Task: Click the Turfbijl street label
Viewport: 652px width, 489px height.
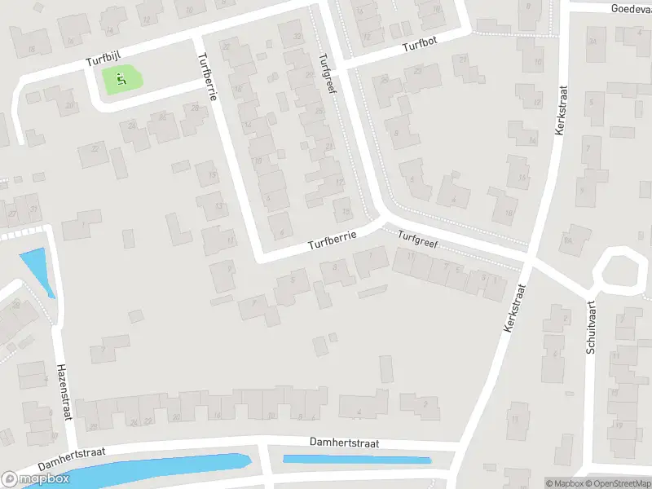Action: [x=104, y=61]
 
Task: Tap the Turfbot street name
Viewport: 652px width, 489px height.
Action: [x=420, y=47]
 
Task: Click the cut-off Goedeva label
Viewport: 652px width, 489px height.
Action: [x=630, y=8]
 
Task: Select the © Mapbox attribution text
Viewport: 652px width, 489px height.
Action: [x=562, y=483]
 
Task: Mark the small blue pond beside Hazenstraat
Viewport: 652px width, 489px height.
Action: [x=37, y=271]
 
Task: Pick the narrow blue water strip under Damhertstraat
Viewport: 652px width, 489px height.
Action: [x=356, y=460]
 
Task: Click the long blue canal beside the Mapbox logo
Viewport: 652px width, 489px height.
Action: [x=155, y=470]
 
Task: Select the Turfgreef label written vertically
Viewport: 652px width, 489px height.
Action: [x=328, y=73]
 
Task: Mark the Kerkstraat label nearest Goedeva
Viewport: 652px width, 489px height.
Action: [x=561, y=112]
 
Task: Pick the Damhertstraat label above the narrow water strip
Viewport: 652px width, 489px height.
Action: [x=346, y=442]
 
